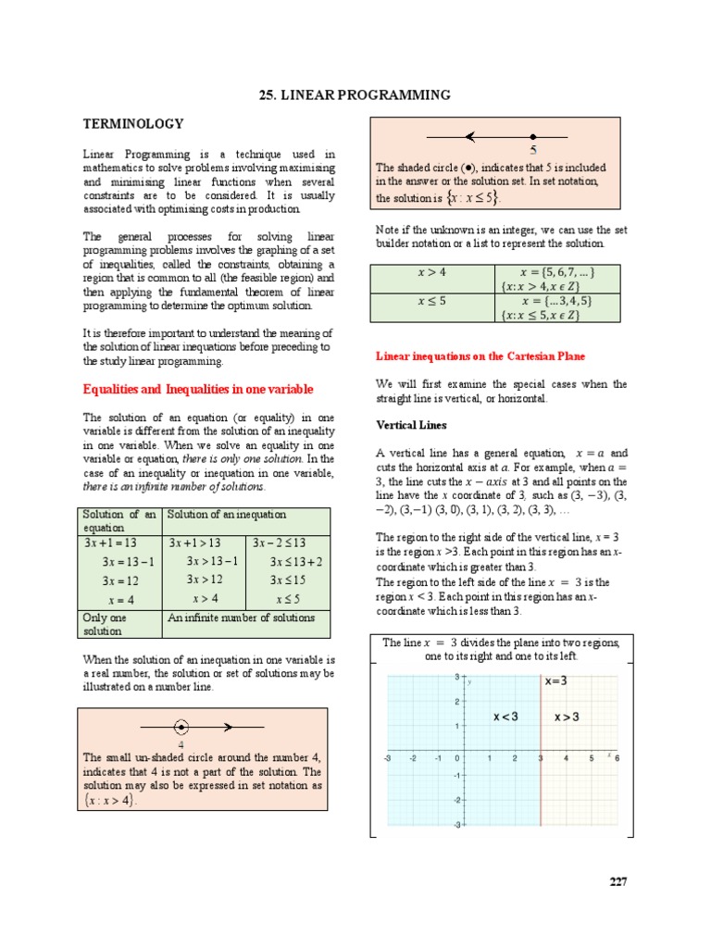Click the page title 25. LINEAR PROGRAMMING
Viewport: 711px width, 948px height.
tap(355, 95)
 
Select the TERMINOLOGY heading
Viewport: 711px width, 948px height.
tap(133, 124)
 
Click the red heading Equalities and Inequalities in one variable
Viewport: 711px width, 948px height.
tap(198, 389)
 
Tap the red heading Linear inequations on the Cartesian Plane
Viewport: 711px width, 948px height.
tap(480, 356)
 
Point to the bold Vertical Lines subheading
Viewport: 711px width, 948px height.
tap(411, 426)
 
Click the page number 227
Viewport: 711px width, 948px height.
tap(617, 881)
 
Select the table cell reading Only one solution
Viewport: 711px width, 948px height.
tap(117, 624)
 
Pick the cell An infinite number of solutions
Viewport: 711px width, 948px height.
tap(242, 617)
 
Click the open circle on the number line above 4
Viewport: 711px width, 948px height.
tap(181, 727)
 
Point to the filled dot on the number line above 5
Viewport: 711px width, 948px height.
tap(533, 137)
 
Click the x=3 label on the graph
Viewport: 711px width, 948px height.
tap(557, 681)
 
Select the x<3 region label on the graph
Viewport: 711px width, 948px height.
tap(505, 717)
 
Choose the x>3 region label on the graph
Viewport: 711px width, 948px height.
tap(567, 717)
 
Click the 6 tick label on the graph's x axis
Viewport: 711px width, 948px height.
tap(617, 758)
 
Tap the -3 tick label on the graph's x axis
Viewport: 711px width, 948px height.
tap(386, 758)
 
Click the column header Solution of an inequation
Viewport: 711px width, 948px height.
tap(227, 515)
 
